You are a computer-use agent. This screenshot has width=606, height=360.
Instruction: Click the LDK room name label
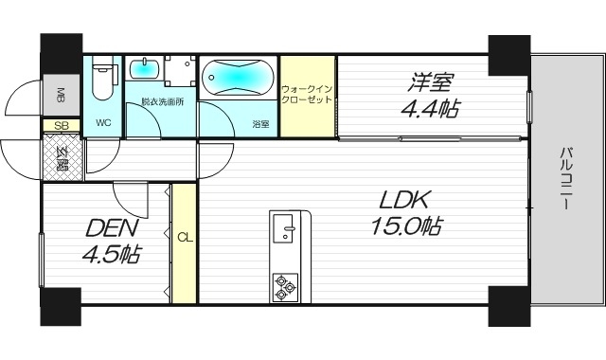pos(406,200)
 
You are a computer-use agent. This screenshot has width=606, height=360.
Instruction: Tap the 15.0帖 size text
pos(406,227)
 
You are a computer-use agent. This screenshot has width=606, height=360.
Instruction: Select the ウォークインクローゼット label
pos(307,94)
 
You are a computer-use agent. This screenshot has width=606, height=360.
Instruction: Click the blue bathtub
pos(239,76)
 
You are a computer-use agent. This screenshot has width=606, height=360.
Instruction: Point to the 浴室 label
pos(259,122)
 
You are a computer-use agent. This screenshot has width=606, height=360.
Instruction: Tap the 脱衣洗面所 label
pos(163,101)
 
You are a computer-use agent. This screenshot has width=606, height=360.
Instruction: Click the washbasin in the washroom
pos(145,69)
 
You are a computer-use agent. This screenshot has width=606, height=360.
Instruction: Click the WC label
pos(103,122)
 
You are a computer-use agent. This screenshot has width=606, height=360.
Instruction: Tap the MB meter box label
pos(60,94)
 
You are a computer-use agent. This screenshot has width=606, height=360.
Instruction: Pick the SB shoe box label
pos(61,124)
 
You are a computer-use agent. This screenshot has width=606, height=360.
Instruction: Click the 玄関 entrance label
pos(61,157)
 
